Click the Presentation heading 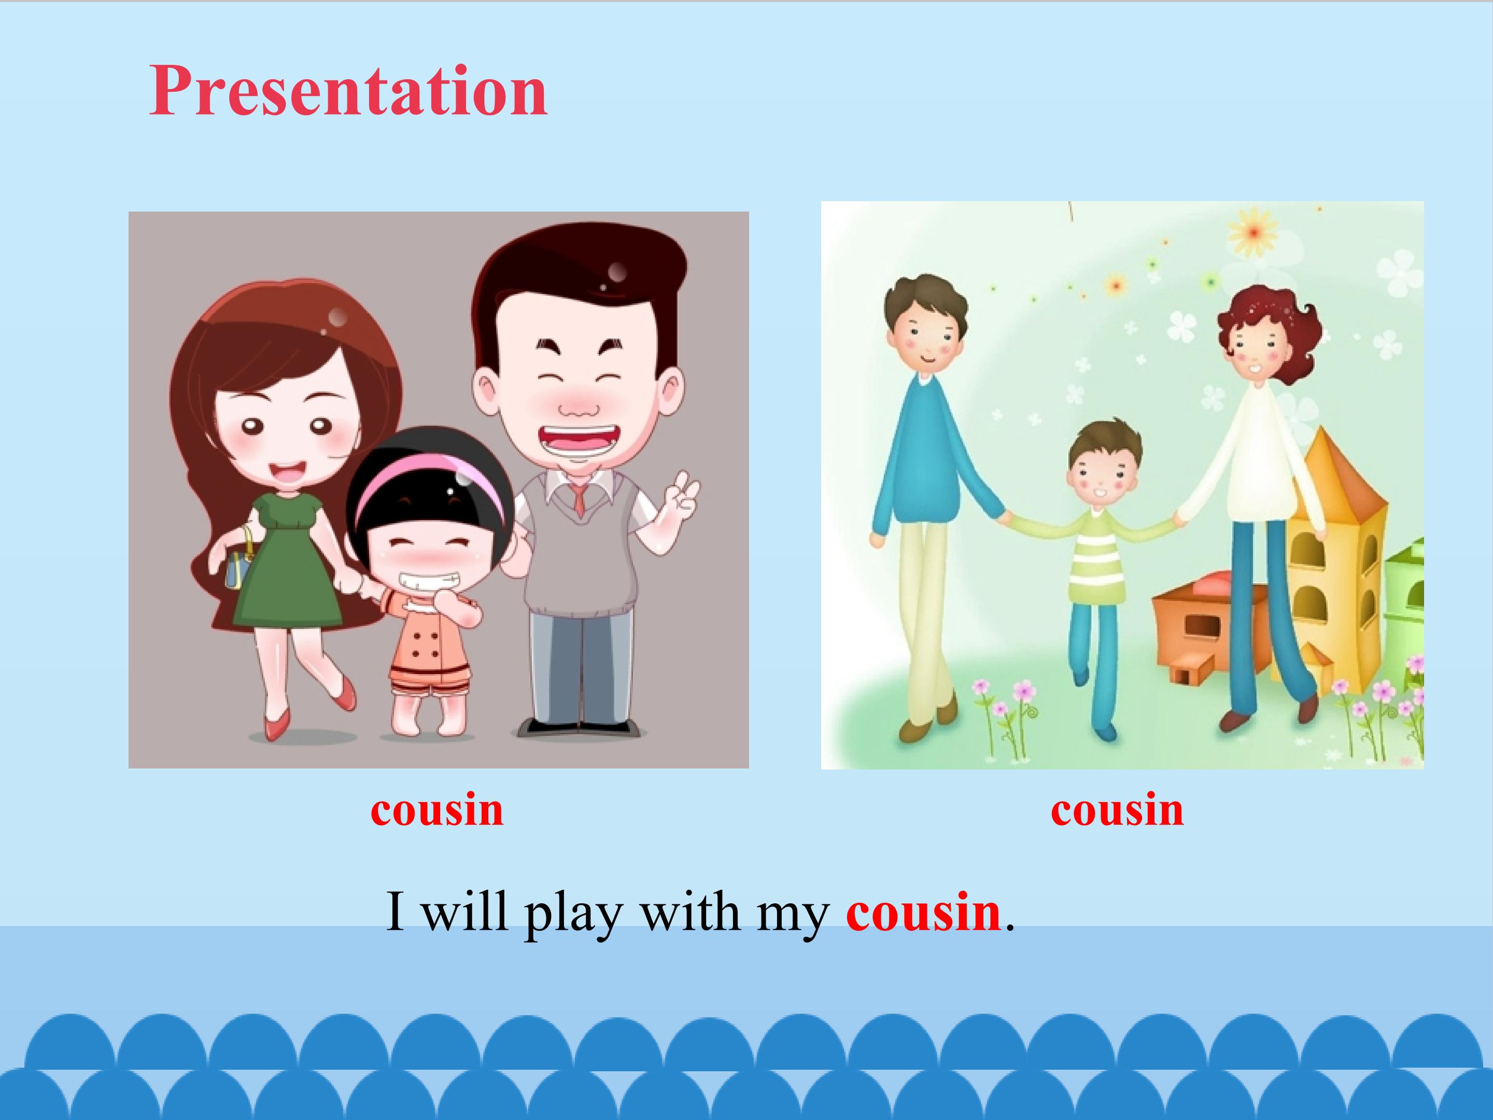point(348,91)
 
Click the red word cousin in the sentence point(923,912)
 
